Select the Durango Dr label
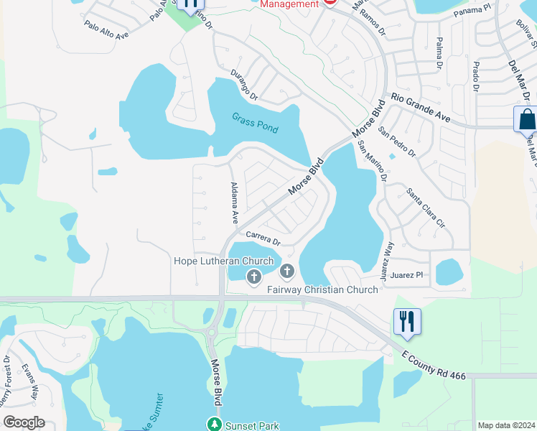coord(244,84)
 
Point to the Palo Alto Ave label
coord(106,33)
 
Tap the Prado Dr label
coord(475,76)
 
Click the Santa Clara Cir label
coord(426,208)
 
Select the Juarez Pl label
coord(408,274)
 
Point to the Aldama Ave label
coord(233,203)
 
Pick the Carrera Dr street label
coord(263,238)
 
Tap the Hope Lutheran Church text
coord(224,261)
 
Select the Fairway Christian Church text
coord(322,289)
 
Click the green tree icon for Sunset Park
coord(214,424)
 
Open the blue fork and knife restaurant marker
coord(407,321)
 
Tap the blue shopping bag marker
coord(526,119)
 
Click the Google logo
coord(24,422)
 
